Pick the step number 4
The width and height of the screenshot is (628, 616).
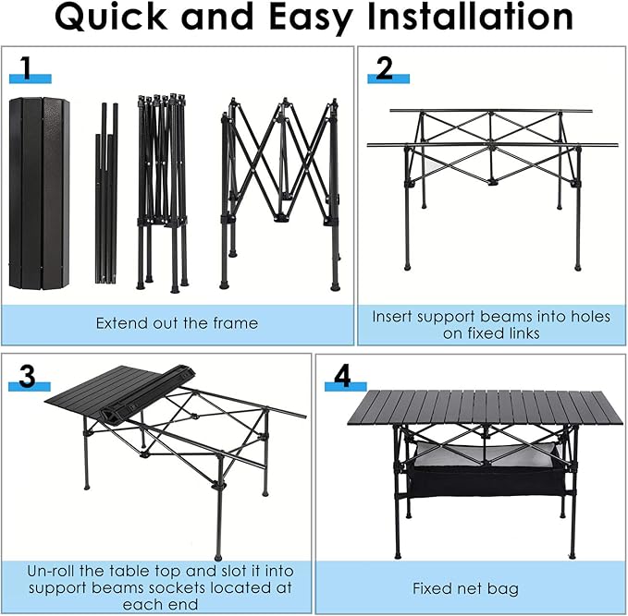click(343, 375)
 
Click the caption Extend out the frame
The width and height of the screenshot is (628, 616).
click(177, 323)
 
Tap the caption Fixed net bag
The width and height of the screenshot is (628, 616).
click(465, 588)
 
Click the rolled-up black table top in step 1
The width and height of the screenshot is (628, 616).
click(39, 191)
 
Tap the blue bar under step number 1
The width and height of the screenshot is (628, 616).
click(30, 80)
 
